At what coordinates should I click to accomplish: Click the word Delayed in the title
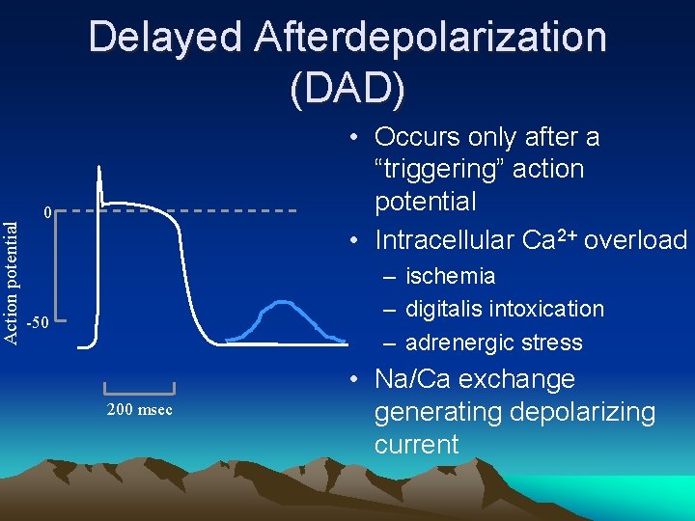click(163, 39)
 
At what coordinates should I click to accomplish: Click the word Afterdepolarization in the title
click(431, 39)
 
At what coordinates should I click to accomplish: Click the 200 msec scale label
click(140, 409)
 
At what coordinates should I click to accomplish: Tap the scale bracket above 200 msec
click(139, 389)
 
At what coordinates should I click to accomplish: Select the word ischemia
click(450, 277)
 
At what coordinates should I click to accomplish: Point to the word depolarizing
click(570, 412)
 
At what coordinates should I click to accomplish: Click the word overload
click(638, 238)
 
